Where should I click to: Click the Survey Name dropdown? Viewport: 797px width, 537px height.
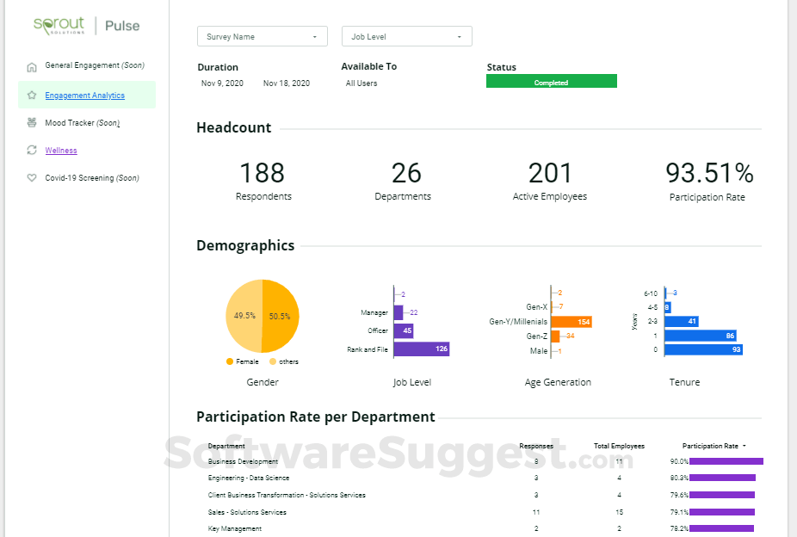(x=263, y=36)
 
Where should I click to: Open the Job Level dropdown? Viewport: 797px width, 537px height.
(x=406, y=36)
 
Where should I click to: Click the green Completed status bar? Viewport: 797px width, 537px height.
(x=551, y=82)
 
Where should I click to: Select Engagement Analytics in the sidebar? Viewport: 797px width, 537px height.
(x=84, y=96)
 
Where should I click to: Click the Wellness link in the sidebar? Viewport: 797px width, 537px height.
(x=61, y=151)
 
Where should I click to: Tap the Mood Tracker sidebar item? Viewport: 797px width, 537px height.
(x=82, y=123)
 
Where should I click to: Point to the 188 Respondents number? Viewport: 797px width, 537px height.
(x=263, y=173)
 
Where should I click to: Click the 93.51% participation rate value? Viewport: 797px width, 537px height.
(x=709, y=173)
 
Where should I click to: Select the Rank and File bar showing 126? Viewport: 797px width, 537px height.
(x=422, y=349)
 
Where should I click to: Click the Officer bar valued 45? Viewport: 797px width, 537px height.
(x=404, y=330)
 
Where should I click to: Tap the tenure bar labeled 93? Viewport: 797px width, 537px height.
(x=703, y=349)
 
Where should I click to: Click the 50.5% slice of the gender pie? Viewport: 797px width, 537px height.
(x=281, y=316)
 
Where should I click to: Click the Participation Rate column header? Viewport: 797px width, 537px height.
(x=710, y=446)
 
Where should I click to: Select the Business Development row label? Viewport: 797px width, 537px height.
(x=243, y=462)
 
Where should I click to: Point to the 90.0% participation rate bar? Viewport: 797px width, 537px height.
(x=726, y=461)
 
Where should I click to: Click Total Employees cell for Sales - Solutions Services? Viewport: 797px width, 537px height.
(x=619, y=512)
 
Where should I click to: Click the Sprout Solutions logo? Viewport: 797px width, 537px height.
(x=60, y=25)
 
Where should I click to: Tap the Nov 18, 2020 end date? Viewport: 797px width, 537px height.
(x=287, y=83)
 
